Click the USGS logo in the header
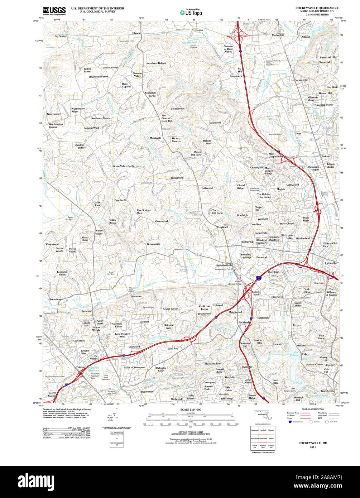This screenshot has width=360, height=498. pyautogui.click(x=54, y=11)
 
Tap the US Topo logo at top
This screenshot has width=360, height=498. pyautogui.click(x=191, y=12)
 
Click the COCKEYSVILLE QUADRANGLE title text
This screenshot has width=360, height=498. pyautogui.click(x=317, y=8)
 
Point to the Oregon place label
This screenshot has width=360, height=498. pyautogui.click(x=198, y=30)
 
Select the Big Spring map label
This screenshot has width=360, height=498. pyautogui.click(x=60, y=36)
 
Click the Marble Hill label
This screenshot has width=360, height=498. pyautogui.click(x=278, y=35)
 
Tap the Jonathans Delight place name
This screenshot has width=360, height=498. pyautogui.click(x=156, y=63)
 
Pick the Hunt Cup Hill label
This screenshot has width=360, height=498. pyautogui.click(x=127, y=85)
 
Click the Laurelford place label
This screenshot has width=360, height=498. pyautogui.click(x=215, y=123)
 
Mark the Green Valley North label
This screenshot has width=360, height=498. pyautogui.click(x=123, y=166)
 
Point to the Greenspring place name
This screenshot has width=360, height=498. pyautogui.click(x=153, y=244)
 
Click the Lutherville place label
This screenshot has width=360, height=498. pyautogui.click(x=331, y=263)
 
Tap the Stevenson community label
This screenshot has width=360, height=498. pyautogui.click(x=136, y=296)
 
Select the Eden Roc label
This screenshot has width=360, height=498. pyautogui.click(x=173, y=348)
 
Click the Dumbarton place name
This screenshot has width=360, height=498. pyautogui.click(x=147, y=392)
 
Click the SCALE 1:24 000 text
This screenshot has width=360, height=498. pyautogui.click(x=191, y=410)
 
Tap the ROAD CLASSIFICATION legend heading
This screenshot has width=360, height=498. pyautogui.click(x=313, y=409)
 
